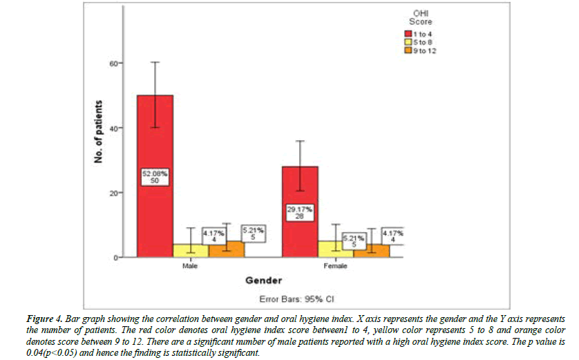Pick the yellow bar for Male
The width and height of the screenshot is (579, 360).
coord(189,251)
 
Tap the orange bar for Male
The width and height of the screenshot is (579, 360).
coord(225,249)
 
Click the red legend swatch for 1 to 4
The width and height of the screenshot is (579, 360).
coord(408,34)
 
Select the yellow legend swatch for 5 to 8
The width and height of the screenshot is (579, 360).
coord(408,42)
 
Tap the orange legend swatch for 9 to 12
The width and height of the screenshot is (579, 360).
coord(408,50)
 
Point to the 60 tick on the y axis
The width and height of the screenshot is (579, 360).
coord(111,63)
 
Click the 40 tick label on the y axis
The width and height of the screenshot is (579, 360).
coord(111,128)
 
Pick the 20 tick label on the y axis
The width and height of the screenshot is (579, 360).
coord(111,193)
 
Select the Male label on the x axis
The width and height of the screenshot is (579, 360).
coord(191,265)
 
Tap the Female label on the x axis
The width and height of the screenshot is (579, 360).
coord(336,265)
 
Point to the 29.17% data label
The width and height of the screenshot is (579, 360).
coord(300,208)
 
